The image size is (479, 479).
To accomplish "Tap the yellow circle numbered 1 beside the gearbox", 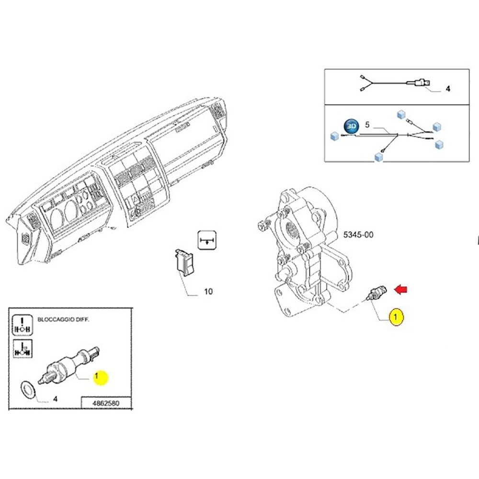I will click(x=396, y=317).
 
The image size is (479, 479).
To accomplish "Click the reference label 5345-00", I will click(x=358, y=235).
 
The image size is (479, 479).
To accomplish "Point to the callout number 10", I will click(x=208, y=291).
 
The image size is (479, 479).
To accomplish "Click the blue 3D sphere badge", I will click(x=352, y=125).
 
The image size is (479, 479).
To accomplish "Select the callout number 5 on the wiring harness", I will click(x=367, y=125).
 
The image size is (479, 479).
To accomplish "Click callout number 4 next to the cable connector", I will click(x=448, y=89).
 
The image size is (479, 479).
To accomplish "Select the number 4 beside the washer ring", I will click(x=55, y=398).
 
